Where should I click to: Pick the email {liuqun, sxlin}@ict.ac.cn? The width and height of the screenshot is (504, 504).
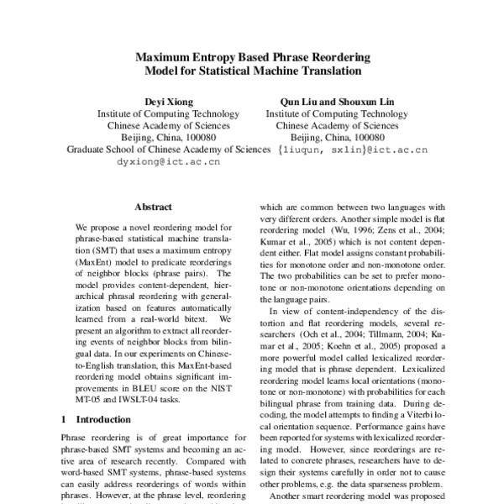[x=352, y=150]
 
